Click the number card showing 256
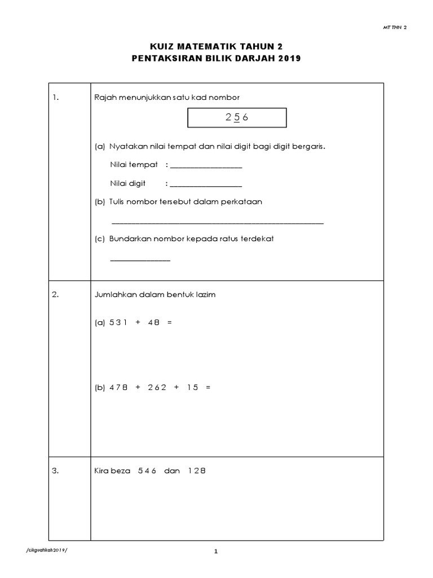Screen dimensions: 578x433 (x=237, y=118)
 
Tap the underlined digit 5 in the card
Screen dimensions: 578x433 (x=237, y=118)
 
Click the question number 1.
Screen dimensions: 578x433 (x=55, y=98)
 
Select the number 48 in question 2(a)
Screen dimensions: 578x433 (x=153, y=322)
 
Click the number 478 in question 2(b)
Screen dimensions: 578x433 (x=119, y=387)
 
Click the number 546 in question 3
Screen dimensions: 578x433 (x=147, y=471)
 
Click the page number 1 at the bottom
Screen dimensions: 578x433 (x=216, y=552)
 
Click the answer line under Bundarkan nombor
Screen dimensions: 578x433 (x=140, y=260)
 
